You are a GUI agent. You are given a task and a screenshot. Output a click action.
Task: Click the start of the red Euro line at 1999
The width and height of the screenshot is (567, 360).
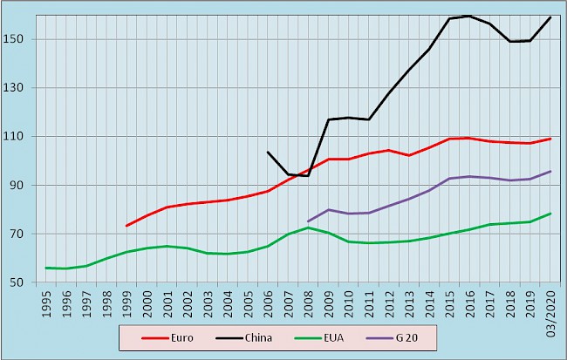(x=126, y=226)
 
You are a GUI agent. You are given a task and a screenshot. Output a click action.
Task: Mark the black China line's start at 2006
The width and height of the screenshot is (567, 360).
(x=268, y=152)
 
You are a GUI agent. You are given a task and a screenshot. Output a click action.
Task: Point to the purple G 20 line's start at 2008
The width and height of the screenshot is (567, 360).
(x=308, y=221)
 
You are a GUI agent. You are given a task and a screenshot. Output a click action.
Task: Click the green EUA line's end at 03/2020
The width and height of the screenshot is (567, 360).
(x=550, y=214)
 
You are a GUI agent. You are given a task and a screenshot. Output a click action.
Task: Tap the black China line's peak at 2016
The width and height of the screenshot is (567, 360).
(x=469, y=16)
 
